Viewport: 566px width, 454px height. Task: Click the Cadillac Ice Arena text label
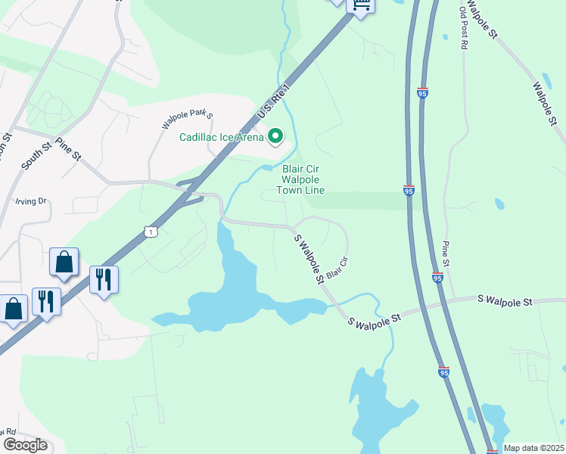pos(221,137)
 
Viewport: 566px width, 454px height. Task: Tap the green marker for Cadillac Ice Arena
pos(275,136)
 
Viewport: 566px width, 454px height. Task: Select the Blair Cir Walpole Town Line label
pos(303,179)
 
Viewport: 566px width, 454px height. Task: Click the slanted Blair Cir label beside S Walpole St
pos(337,266)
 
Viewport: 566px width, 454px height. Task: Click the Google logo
pos(25,445)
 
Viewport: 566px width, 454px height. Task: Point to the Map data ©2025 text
pos(533,448)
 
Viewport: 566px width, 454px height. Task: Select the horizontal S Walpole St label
pos(505,300)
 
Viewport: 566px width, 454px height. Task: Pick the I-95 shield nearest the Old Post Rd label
pos(422,92)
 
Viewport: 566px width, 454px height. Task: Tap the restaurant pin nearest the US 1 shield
pos(103,279)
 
